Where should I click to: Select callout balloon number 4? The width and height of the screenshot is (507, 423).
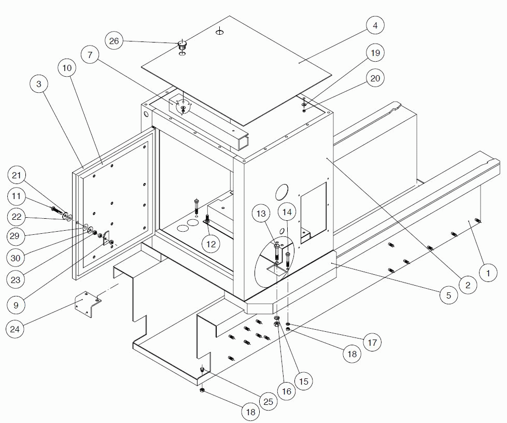(x=375, y=25)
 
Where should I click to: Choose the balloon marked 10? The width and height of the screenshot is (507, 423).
(x=67, y=68)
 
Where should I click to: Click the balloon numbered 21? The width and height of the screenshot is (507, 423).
(x=17, y=176)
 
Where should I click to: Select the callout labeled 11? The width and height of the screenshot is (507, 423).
(x=17, y=196)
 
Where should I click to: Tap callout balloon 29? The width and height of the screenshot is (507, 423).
(x=17, y=236)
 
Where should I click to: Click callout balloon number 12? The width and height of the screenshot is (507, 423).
(x=211, y=243)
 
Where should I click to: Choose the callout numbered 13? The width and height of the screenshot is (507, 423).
(x=261, y=213)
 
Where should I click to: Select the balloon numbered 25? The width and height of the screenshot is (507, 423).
(x=267, y=401)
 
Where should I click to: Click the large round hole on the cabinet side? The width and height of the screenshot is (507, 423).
(x=283, y=192)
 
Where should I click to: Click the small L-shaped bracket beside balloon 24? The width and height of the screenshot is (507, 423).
(x=89, y=305)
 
